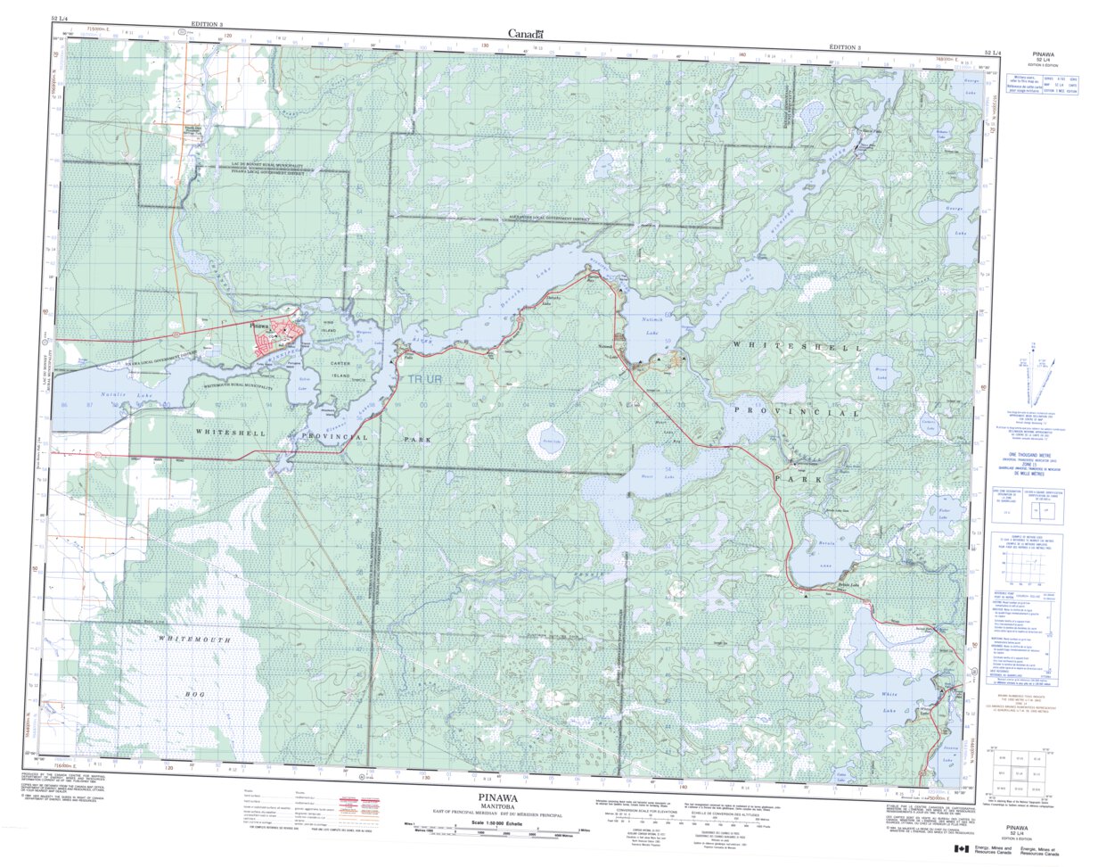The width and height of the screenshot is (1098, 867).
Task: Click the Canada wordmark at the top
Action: pos(526,33)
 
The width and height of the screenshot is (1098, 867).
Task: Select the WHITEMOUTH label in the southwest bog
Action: pos(194,640)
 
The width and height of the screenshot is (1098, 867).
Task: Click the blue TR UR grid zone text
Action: pos(426,380)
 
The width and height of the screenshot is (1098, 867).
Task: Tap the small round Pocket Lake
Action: pos(545,440)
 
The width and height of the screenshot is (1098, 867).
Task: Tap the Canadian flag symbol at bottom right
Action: pos(961,849)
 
